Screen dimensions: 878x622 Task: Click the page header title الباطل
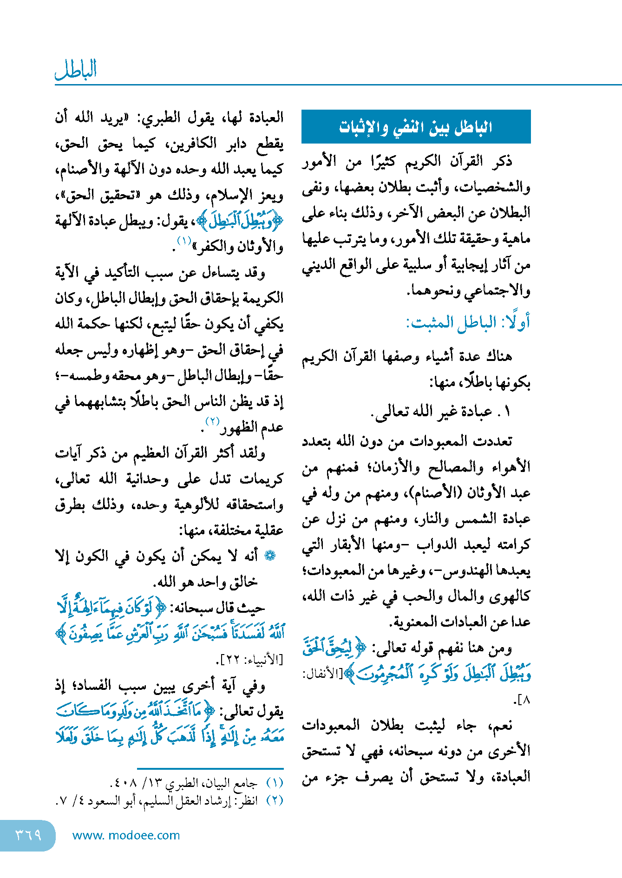[76, 70]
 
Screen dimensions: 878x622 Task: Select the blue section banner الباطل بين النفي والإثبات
[416, 127]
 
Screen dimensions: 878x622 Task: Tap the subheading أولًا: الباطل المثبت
[468, 322]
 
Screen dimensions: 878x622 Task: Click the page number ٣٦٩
[28, 835]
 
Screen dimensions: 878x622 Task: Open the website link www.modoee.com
[126, 835]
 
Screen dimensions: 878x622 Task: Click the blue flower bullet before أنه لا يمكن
[270, 556]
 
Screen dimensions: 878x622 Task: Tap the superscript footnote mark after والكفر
[184, 241]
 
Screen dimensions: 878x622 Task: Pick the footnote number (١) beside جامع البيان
[275, 783]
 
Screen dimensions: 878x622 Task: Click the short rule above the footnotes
[210, 769]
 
